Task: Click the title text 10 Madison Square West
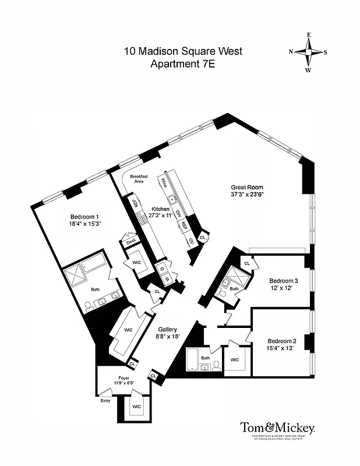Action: coord(183,51)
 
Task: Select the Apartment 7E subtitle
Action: coord(183,65)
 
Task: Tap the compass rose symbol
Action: coord(309,52)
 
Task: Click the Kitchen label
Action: coord(160,209)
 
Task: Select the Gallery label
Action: coord(167,329)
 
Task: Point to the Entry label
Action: coord(105,400)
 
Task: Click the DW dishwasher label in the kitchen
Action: coord(179,214)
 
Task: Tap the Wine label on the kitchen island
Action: coord(165,179)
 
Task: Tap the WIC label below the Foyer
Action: coord(136,406)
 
